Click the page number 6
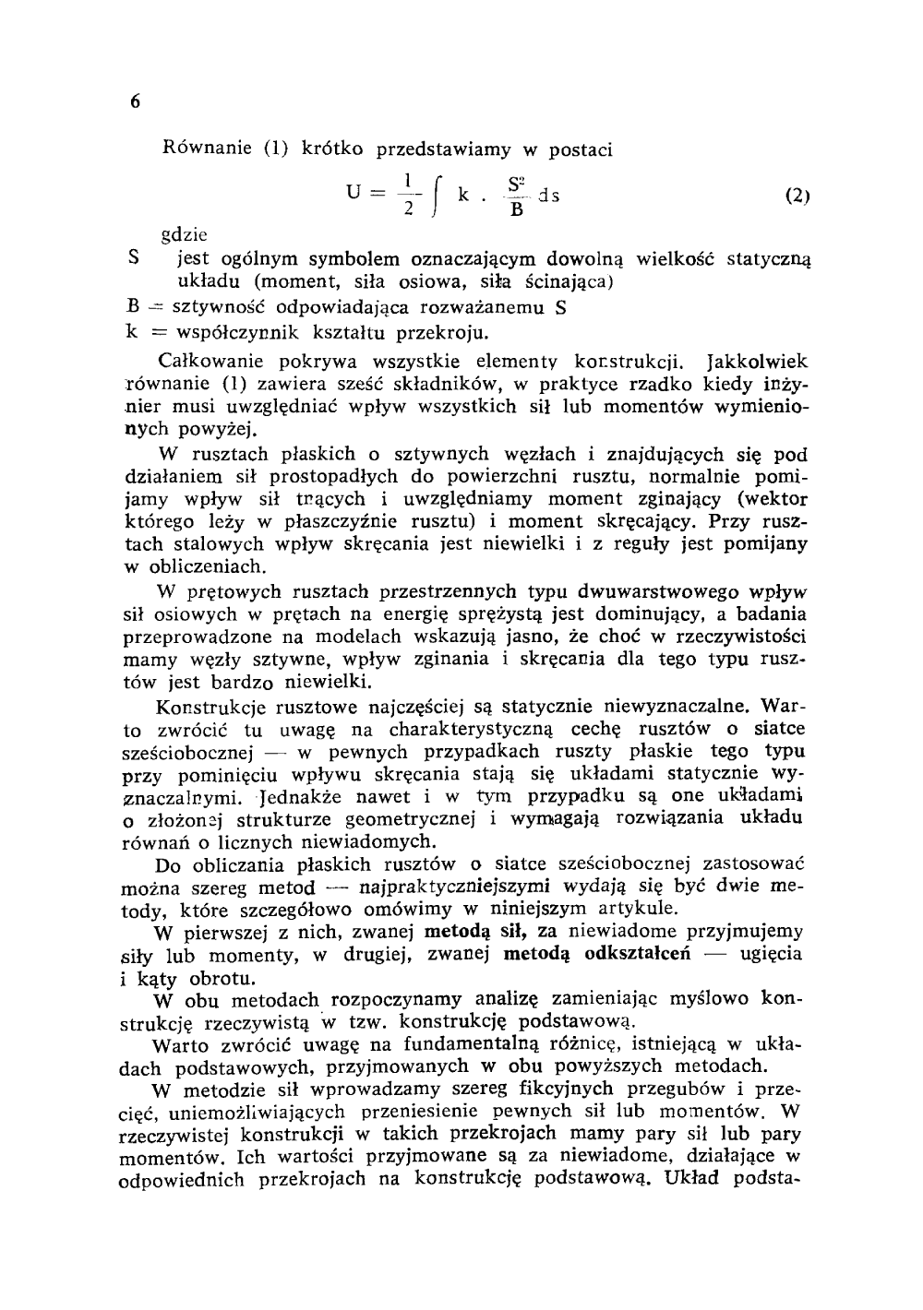coord(134,102)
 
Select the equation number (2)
coord(797,196)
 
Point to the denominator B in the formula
coord(517,212)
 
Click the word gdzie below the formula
coord(182,235)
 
